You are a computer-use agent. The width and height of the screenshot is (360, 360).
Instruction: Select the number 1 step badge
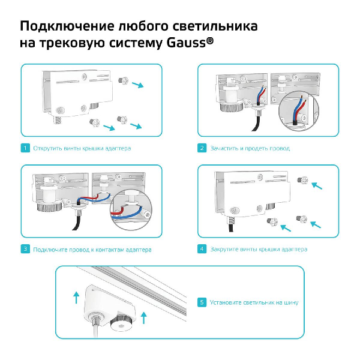[x=25, y=148]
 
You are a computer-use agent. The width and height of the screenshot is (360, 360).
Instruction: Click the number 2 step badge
[x=202, y=148]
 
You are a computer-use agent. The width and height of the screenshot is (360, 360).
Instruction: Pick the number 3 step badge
[x=25, y=249]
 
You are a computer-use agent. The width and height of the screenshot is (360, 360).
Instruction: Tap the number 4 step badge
[x=202, y=249]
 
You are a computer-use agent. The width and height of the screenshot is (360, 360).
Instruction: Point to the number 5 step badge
[x=202, y=302]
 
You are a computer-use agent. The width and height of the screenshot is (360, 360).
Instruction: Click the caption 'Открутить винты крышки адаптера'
[x=82, y=148]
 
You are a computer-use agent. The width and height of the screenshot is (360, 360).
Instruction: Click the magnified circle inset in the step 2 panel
[x=298, y=112]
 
